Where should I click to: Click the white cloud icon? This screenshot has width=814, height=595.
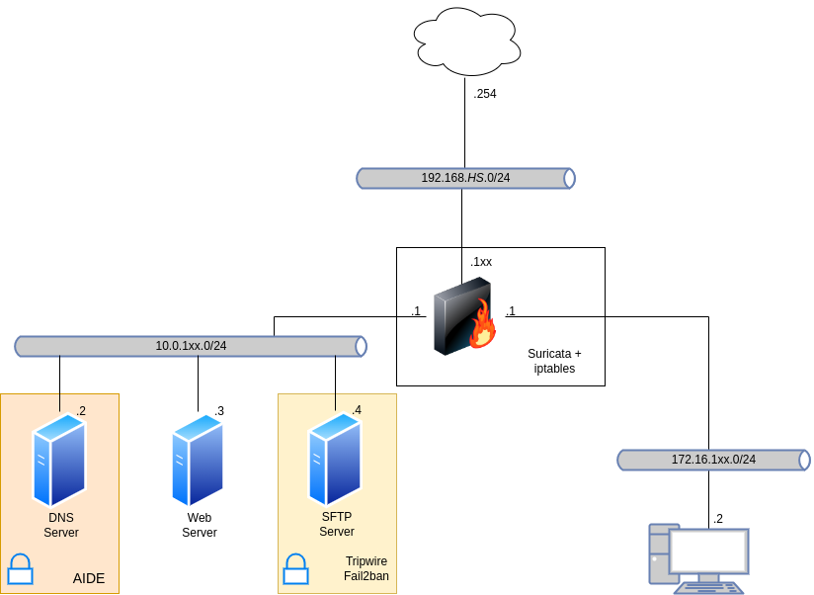coord(467,42)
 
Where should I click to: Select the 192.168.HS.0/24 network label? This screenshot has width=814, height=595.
coord(465,178)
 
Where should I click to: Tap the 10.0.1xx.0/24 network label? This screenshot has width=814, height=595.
coord(191,346)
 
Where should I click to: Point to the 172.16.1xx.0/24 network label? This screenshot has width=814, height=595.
coord(713,460)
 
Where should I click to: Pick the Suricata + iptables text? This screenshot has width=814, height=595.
coord(554,361)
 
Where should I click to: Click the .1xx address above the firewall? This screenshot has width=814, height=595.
coord(481,262)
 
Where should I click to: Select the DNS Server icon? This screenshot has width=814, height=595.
coord(59,460)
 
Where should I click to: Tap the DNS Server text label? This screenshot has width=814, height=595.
coord(61,525)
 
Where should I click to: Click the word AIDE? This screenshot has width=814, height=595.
coord(89,578)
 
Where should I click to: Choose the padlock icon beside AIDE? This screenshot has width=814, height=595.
coord(20,569)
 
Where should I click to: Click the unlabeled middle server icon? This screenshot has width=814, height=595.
coord(198,460)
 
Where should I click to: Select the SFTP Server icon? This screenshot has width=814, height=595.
coord(335,460)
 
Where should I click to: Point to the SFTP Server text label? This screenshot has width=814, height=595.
coord(337,524)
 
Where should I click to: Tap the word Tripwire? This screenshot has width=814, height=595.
coord(366,561)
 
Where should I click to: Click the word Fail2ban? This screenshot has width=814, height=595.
coord(366,576)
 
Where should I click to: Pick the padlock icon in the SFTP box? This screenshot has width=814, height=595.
coord(295,569)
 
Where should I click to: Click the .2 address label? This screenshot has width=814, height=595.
coord(81,410)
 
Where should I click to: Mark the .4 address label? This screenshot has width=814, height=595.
coord(357,410)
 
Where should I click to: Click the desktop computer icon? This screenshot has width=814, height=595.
coord(697,558)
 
